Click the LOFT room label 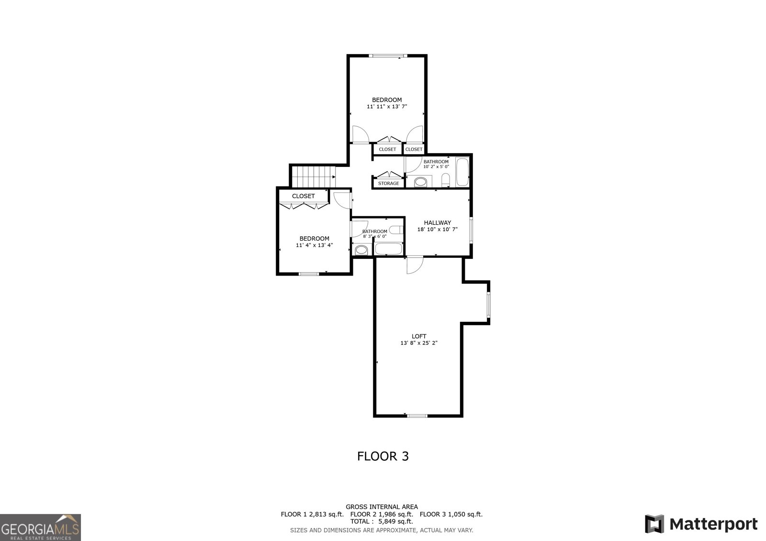[x=419, y=336]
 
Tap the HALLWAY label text [x=437, y=222]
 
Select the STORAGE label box [x=388, y=183]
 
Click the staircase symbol [x=313, y=177]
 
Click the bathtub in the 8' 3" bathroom [x=388, y=248]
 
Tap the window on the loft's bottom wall [x=417, y=415]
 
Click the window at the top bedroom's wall [x=388, y=56]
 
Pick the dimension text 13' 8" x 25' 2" [x=419, y=343]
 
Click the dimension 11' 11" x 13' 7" [x=387, y=107]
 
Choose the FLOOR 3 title [x=383, y=456]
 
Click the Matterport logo [x=701, y=524]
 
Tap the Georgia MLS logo [x=40, y=528]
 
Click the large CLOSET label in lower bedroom [x=304, y=196]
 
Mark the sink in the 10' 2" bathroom [x=421, y=182]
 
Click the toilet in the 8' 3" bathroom [x=394, y=230]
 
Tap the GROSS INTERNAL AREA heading [x=382, y=507]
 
